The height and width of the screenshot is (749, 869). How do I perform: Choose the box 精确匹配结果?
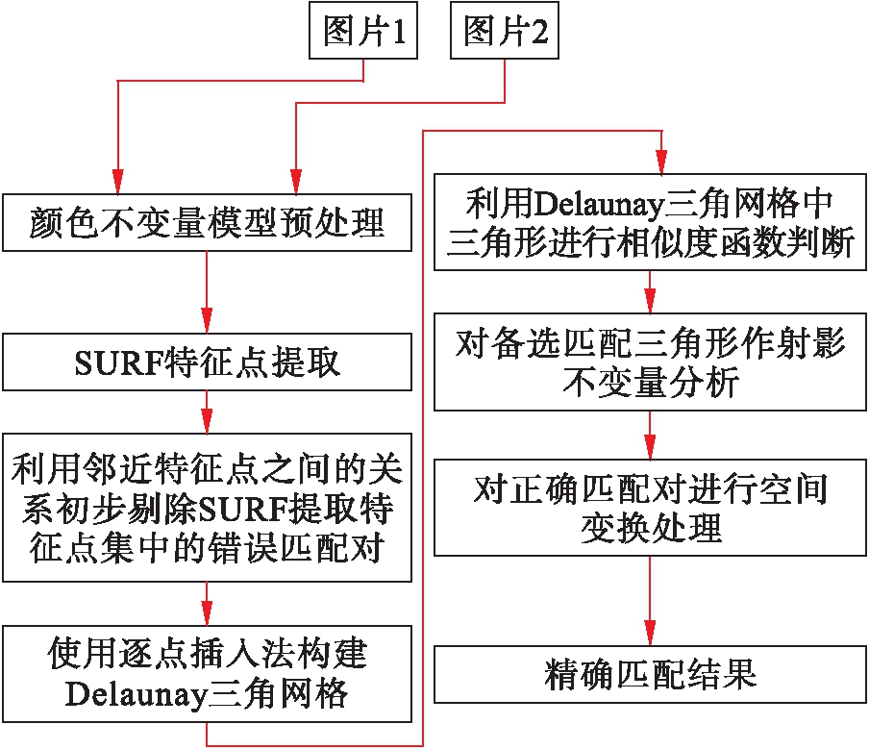coord(650,674)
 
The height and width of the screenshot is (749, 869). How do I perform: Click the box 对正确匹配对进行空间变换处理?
coord(650,509)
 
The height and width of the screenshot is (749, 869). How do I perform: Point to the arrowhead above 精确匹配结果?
coord(650,636)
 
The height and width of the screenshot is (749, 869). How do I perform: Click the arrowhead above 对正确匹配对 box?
coord(650,450)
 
